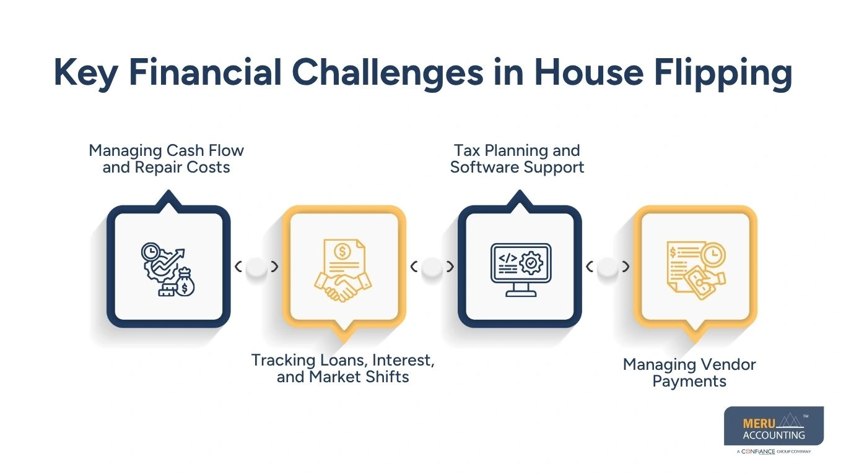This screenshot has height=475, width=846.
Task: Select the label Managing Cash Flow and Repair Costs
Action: [x=166, y=159]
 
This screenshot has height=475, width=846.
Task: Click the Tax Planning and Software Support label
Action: [x=517, y=159]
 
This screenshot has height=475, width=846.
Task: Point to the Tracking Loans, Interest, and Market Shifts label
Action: [x=342, y=369]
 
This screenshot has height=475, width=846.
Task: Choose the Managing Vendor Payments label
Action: [x=689, y=372]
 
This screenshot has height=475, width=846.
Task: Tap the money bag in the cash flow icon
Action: [x=185, y=286]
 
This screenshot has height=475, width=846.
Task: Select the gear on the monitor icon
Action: [x=531, y=263]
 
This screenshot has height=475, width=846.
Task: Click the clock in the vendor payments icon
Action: [x=714, y=254]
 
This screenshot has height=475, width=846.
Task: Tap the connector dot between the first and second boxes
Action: [x=256, y=267]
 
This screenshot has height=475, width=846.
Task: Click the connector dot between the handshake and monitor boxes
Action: [x=432, y=267]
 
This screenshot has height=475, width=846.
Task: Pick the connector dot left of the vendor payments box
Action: [x=608, y=267]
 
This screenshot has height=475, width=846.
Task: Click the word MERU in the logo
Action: [x=756, y=424]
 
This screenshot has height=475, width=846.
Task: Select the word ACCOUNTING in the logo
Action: [x=774, y=435]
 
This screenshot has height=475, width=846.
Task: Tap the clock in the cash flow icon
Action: [x=150, y=251]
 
